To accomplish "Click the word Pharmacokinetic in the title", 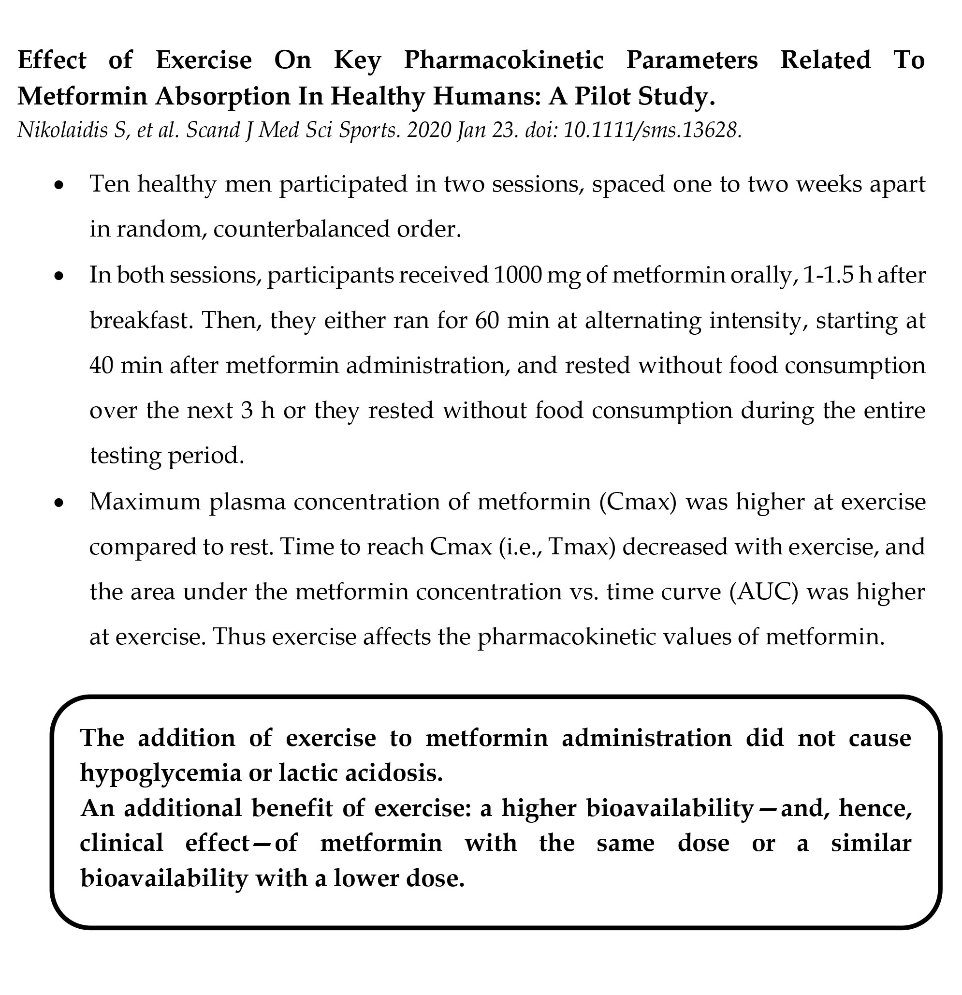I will pyautogui.click(x=503, y=60).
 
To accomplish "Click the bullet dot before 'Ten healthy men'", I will pyautogui.click(x=60, y=186).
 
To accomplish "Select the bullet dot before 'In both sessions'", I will pyautogui.click(x=60, y=277).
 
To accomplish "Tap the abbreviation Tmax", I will pyautogui.click(x=579, y=547).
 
